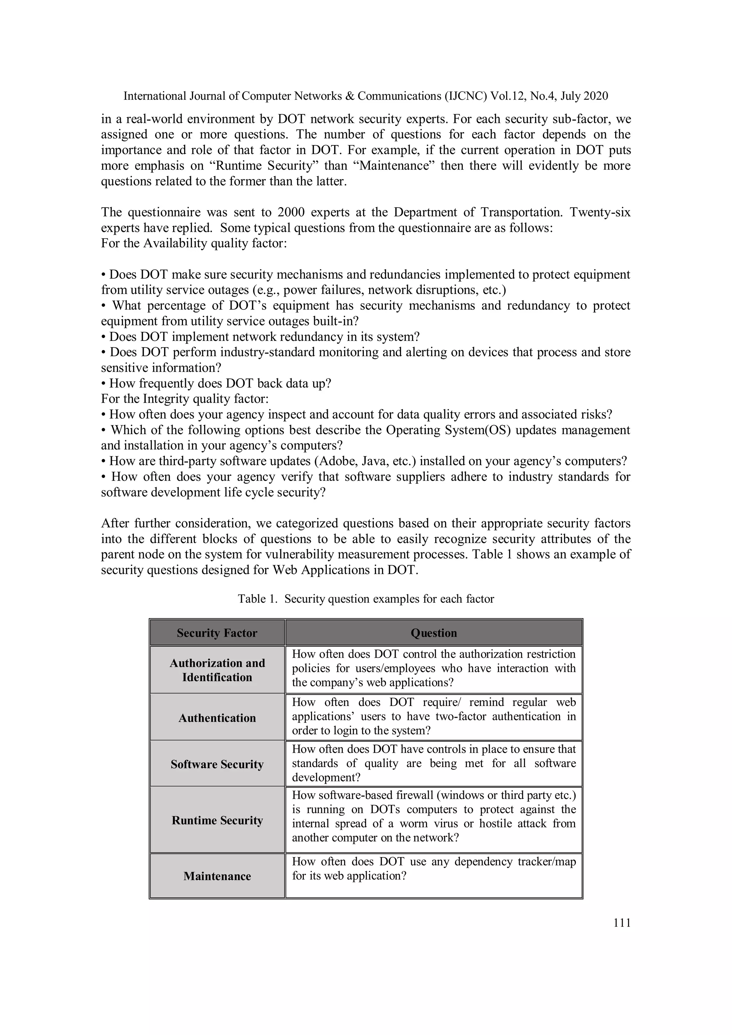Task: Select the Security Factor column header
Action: pyautogui.click(x=217, y=633)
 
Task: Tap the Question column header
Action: pyautogui.click(x=434, y=633)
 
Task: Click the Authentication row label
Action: pyautogui.click(x=217, y=718)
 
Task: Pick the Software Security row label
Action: pyautogui.click(x=217, y=764)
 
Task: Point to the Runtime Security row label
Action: pyautogui.click(x=217, y=820)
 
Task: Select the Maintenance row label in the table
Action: pyautogui.click(x=217, y=876)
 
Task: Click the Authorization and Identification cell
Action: pyautogui.click(x=217, y=670)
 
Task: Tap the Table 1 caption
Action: pyautogui.click(x=366, y=599)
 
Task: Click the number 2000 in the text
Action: pyautogui.click(x=291, y=212)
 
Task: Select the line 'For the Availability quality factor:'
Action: pyautogui.click(x=194, y=243)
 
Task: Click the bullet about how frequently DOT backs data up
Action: pyautogui.click(x=217, y=384)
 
